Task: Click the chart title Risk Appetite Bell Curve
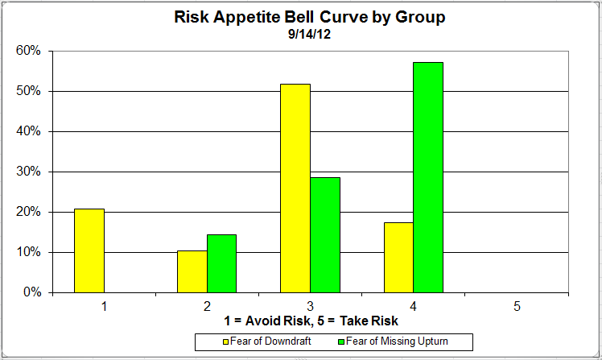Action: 310,17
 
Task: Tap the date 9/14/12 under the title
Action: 310,35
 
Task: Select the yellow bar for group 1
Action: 89,250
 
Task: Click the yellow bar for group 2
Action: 192,271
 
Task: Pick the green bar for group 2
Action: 221,263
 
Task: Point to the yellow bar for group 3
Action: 295,188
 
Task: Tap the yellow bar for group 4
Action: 398,257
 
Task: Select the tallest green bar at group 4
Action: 427,177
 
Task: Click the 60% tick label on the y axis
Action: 30,51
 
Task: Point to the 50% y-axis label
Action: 30,91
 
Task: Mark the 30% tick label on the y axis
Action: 30,172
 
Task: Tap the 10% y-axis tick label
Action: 30,252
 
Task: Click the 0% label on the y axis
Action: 33,292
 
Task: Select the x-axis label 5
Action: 517,306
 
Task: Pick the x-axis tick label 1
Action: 104,306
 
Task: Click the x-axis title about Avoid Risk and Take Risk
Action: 310,321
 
